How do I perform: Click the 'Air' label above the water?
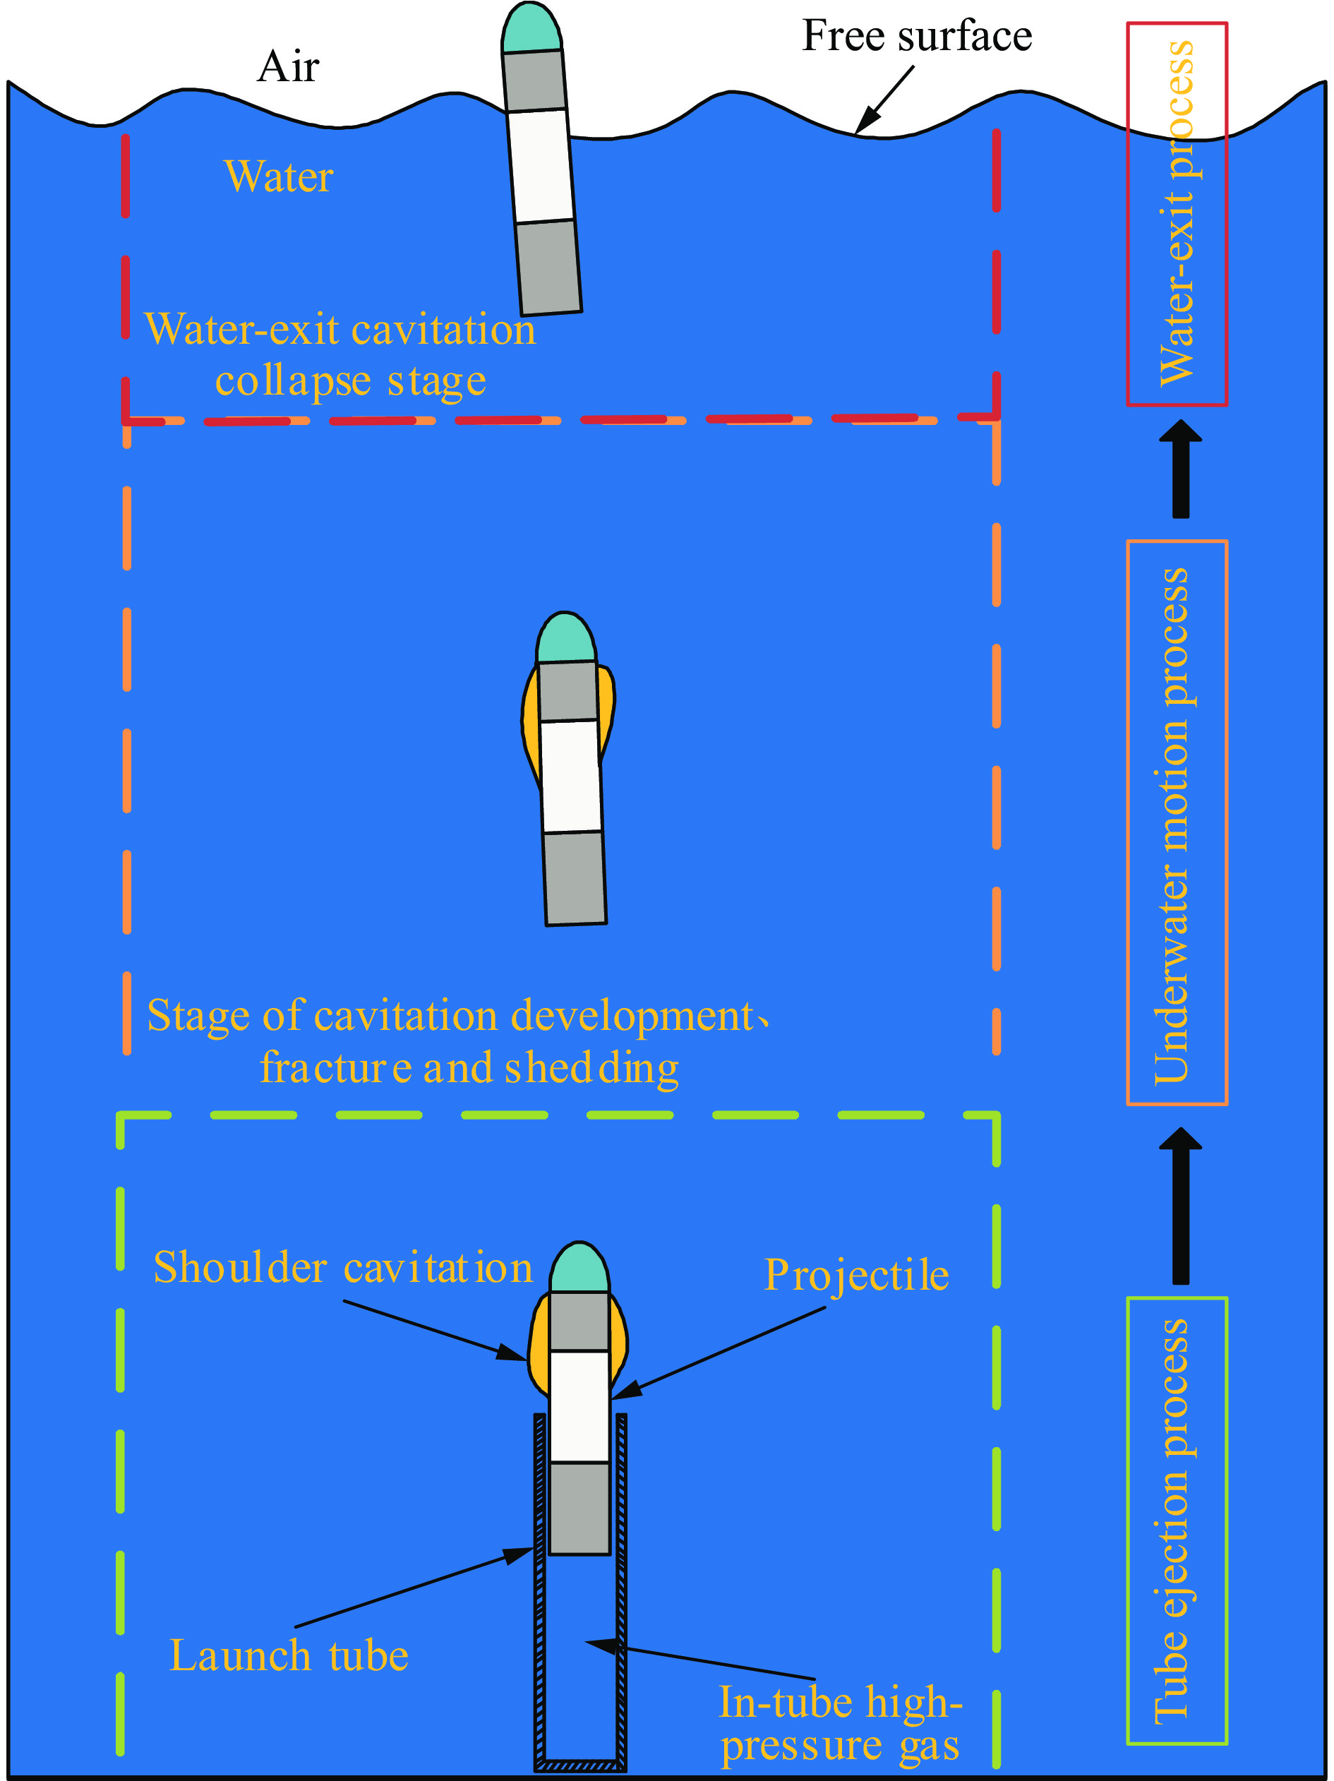[288, 67]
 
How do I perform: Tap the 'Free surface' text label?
[916, 37]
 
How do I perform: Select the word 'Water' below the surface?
[279, 177]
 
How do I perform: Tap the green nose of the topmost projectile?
[531, 29]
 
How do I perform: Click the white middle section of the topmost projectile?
[541, 166]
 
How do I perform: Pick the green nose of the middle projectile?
[566, 638]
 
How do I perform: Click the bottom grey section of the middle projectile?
[575, 878]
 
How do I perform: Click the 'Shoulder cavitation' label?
[343, 1267]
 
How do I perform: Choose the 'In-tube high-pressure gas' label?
[840, 1722]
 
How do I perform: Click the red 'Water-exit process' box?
[1176, 214]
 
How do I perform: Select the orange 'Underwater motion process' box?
[1176, 822]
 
